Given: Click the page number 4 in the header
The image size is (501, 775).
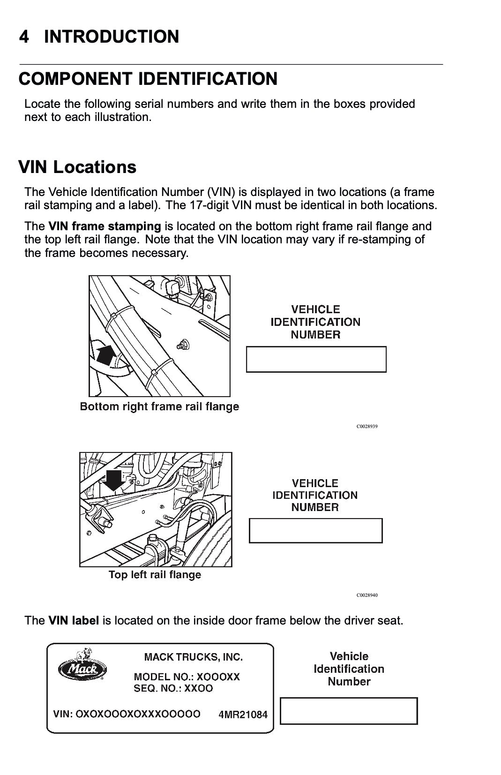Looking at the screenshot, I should tap(24, 37).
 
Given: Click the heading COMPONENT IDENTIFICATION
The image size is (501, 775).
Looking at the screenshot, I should tap(148, 79).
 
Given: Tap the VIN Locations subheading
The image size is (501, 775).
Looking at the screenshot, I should tap(77, 167).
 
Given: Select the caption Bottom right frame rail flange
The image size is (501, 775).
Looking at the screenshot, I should tap(159, 406).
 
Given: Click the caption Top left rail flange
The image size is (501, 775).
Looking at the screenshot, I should tap(155, 574).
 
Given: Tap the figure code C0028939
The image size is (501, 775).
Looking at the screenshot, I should tap(367, 427).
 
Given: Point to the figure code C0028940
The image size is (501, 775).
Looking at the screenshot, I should tap(367, 595).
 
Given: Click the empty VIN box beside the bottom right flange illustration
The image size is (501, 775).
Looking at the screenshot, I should tap(316, 359).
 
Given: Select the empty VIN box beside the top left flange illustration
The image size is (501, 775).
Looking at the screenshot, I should tap(315, 530).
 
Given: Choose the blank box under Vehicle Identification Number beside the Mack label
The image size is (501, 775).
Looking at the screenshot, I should tap(349, 711).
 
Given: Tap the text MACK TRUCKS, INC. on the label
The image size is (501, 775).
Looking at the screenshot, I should tap(193, 657).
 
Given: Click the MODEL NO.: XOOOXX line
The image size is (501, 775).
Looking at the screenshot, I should tap(187, 677).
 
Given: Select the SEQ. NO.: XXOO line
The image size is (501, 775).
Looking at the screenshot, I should tap(173, 688).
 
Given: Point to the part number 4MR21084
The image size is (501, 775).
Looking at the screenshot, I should tap(243, 715).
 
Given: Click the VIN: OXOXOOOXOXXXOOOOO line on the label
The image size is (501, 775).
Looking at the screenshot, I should tap(127, 714).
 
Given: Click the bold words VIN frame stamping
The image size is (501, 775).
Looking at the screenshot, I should tap(105, 226).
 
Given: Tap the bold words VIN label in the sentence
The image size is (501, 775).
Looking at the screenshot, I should tap(74, 620).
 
